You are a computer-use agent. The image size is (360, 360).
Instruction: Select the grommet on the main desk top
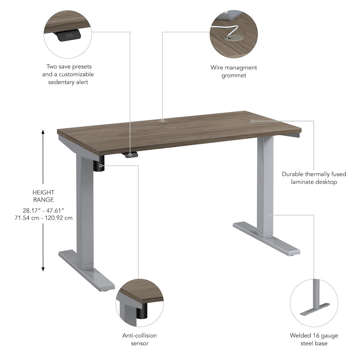coord(162,121)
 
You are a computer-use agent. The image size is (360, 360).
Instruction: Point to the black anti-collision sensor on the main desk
coord(100,166)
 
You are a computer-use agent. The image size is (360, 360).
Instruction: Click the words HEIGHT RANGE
coord(43,196)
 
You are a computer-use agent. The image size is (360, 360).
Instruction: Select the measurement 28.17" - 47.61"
coord(43,211)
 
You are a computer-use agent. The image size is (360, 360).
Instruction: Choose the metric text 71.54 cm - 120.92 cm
coord(43,218)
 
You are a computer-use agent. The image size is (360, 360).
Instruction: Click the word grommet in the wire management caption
coord(234,75)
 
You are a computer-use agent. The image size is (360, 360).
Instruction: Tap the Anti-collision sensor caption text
coord(140,339)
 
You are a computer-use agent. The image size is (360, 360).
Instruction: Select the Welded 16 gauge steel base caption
coord(314,339)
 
